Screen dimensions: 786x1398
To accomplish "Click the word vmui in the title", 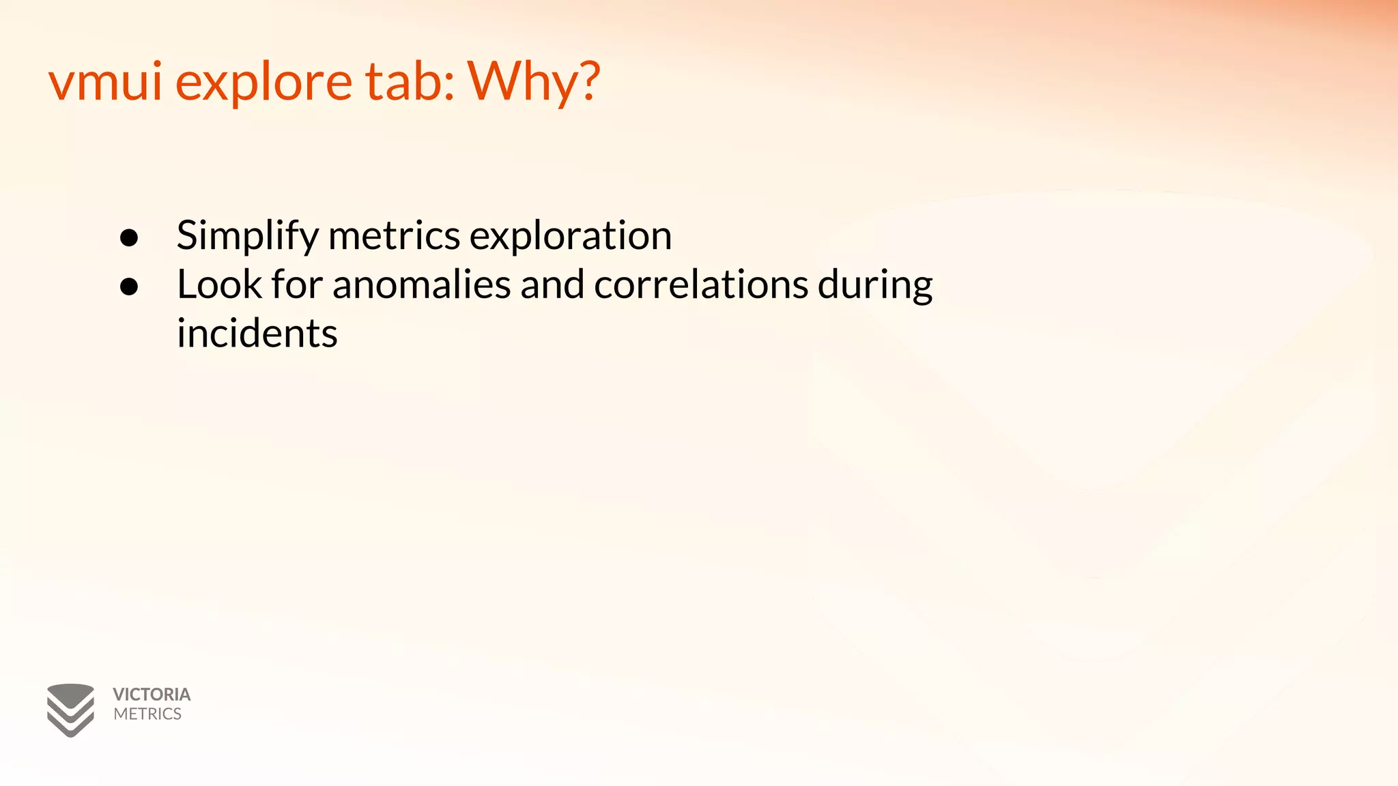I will (x=105, y=81).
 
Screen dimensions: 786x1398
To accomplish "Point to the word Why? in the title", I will (x=533, y=83).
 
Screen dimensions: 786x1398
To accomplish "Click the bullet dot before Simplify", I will (x=129, y=237).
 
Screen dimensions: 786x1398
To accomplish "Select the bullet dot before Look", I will (x=129, y=287).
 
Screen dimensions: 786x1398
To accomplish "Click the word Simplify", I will (x=247, y=236).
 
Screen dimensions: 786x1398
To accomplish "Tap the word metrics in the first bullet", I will (x=394, y=235).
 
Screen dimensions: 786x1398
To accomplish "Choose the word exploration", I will (x=571, y=236).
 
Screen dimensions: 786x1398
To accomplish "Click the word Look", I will (x=219, y=285).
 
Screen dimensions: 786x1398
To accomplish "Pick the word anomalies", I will (x=421, y=285).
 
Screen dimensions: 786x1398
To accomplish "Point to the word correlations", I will (x=701, y=285).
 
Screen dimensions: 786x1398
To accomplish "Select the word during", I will (x=875, y=286).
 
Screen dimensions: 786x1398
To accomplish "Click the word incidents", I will (x=257, y=334).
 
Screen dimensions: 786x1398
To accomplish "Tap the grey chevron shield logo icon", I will (x=70, y=710).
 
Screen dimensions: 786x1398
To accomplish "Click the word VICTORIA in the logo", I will (x=152, y=695).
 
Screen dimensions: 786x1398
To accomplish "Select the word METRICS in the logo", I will (x=147, y=714).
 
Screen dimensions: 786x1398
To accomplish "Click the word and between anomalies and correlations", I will (x=552, y=285).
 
